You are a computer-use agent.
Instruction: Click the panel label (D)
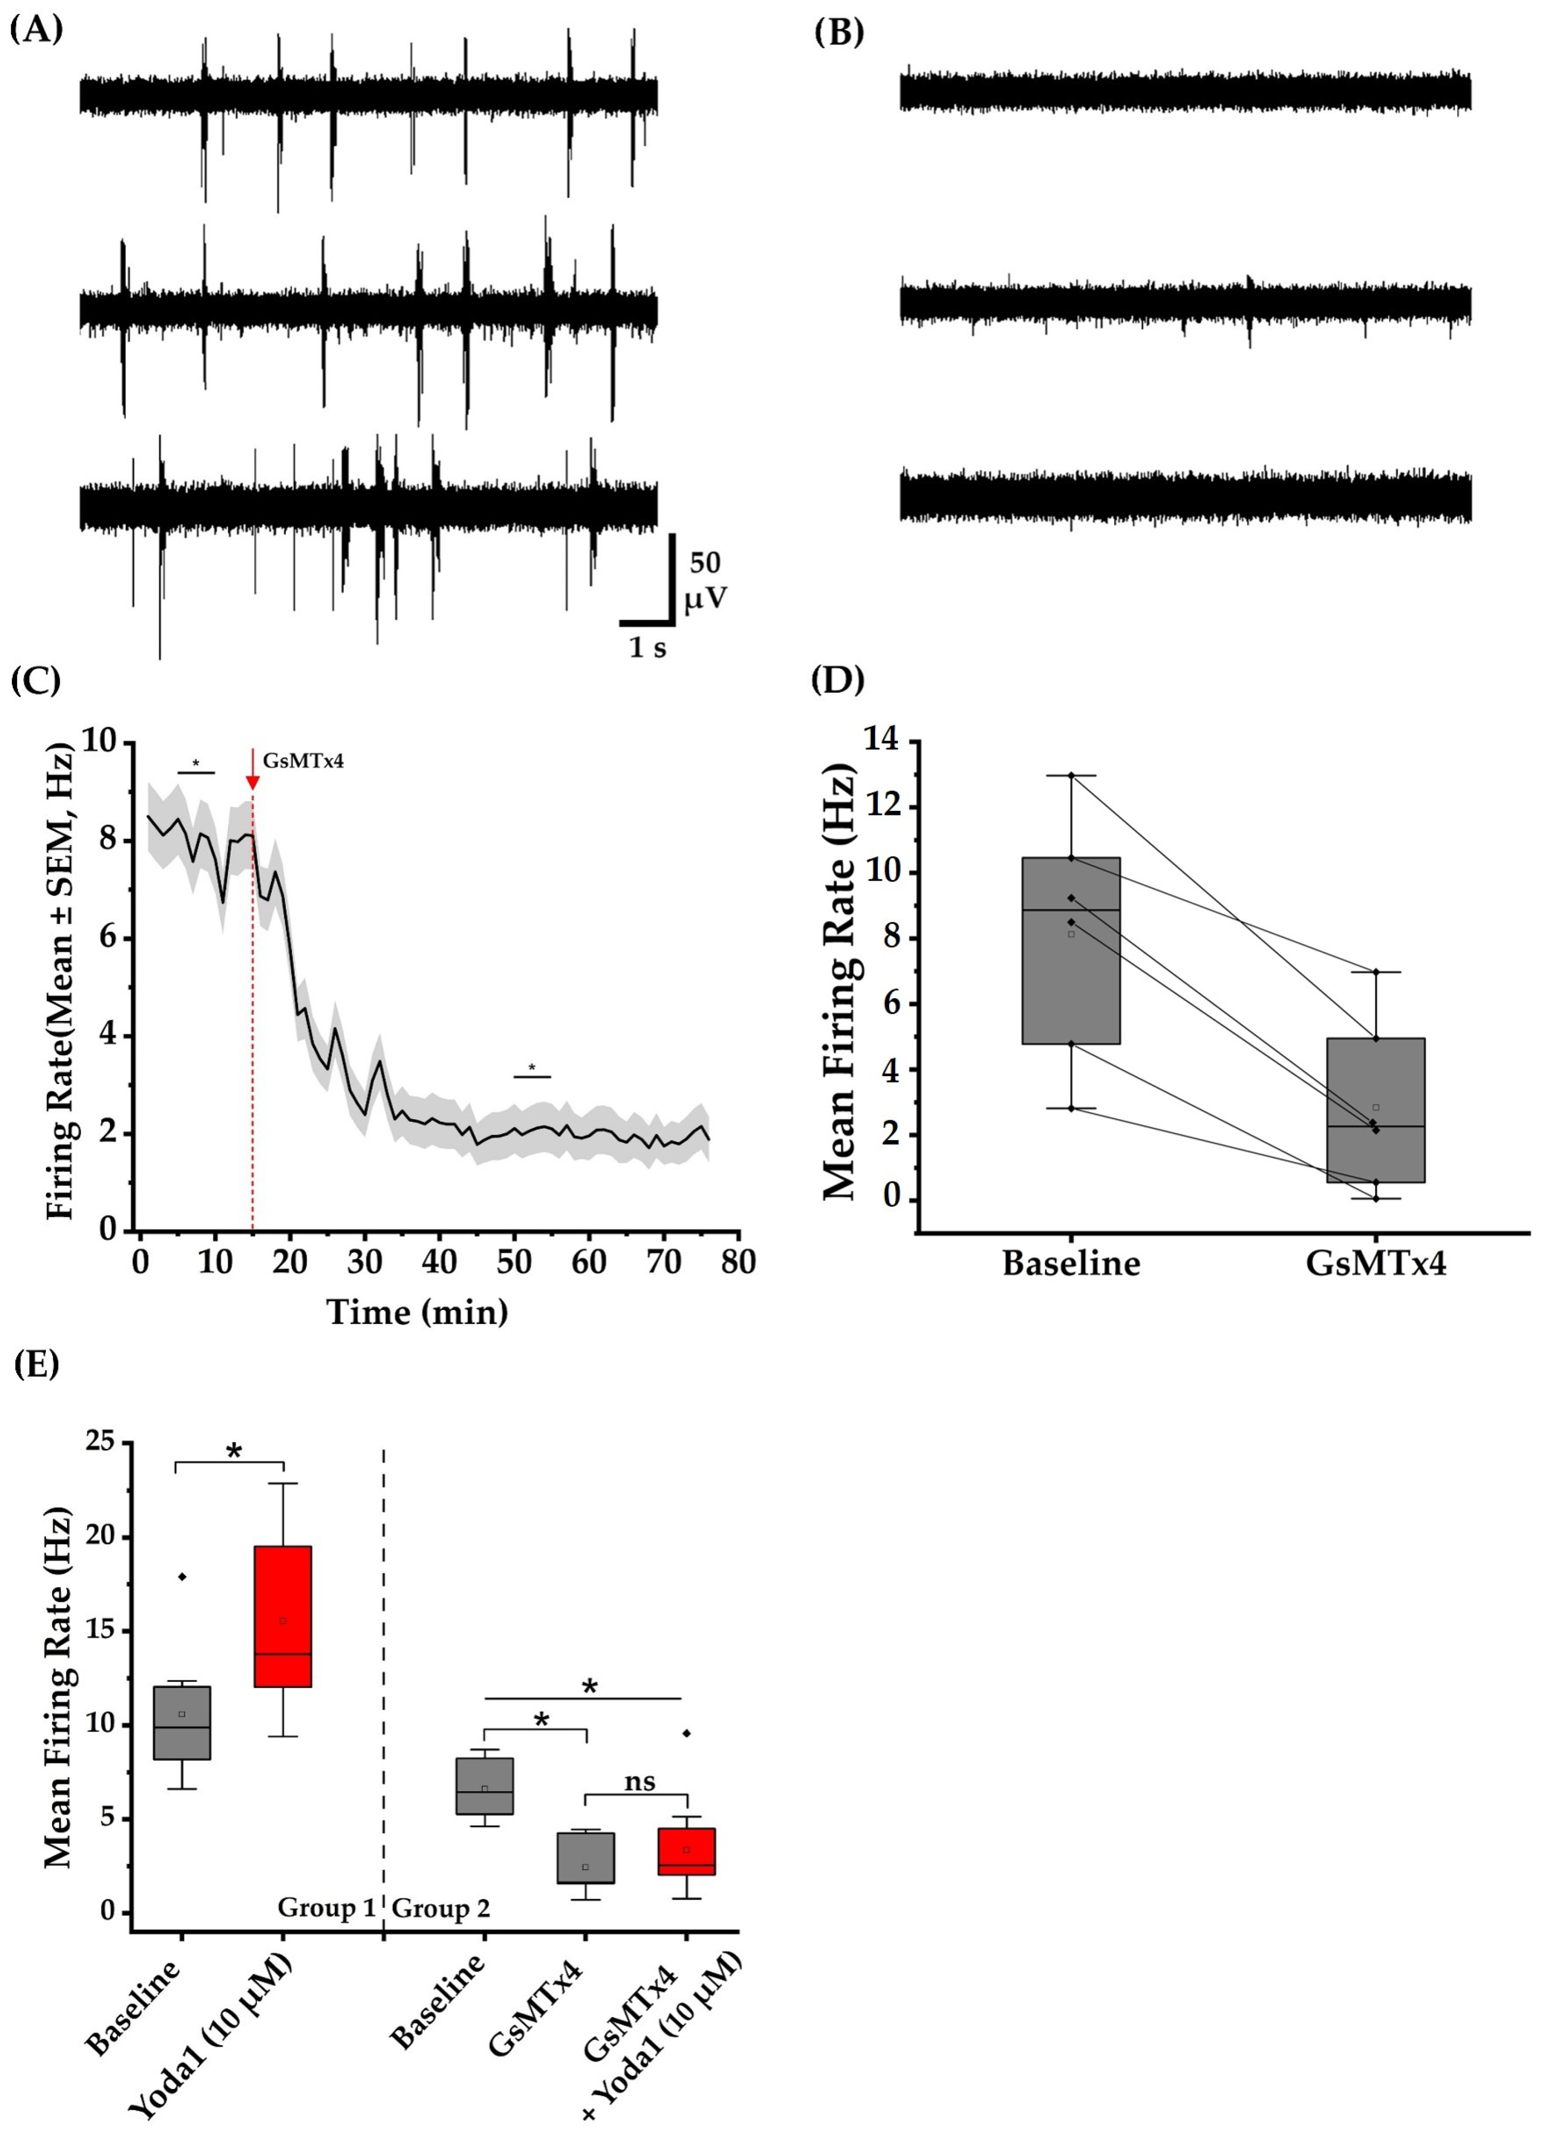click(837, 679)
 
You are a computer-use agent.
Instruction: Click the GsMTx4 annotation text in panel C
click(302, 760)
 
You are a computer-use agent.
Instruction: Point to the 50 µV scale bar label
click(705, 580)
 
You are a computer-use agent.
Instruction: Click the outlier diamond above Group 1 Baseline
click(182, 1576)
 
